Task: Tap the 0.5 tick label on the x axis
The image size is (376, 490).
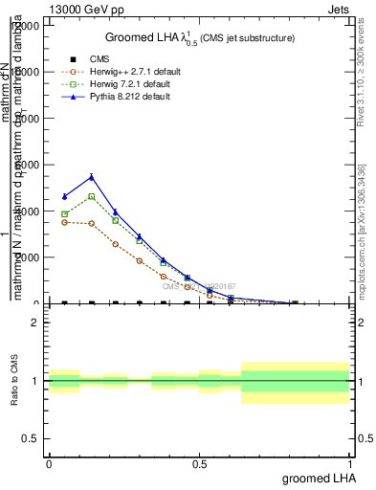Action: pos(200,462)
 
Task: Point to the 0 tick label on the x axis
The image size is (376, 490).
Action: pos(49,462)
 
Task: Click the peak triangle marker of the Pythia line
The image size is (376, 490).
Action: pos(91,176)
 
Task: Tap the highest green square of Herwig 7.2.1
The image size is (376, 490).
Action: pos(91,196)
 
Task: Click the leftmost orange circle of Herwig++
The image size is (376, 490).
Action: pos(64,222)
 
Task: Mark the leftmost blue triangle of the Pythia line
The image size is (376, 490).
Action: pos(64,196)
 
